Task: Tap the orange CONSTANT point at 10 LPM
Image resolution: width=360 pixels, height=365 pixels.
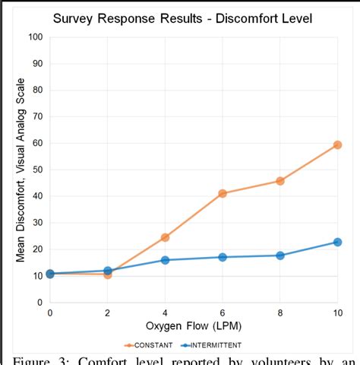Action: [x=337, y=144]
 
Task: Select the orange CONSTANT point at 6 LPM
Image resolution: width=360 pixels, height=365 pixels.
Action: [x=223, y=193]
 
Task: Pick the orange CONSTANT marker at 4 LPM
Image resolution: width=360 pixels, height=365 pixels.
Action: [x=165, y=237]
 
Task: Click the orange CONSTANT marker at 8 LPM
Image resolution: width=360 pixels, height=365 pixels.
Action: [x=280, y=181]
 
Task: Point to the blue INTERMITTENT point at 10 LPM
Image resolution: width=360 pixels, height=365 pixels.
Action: [x=337, y=242]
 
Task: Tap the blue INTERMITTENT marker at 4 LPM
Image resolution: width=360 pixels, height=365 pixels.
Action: [x=165, y=260]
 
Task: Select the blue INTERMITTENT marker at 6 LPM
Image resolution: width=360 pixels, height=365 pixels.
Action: [x=223, y=257]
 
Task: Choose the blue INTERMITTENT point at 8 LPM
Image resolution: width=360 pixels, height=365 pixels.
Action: [x=280, y=255]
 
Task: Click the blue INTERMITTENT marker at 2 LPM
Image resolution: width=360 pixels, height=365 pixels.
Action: [x=108, y=271]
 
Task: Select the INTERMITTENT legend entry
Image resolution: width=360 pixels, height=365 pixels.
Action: [x=221, y=344]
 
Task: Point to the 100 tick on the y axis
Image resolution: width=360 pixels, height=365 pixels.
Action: [x=35, y=36]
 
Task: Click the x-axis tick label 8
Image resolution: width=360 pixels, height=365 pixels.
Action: [x=280, y=313]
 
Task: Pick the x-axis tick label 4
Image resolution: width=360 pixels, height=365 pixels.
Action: [x=165, y=313]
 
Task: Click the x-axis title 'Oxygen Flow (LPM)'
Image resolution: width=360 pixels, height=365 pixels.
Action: [x=194, y=325]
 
